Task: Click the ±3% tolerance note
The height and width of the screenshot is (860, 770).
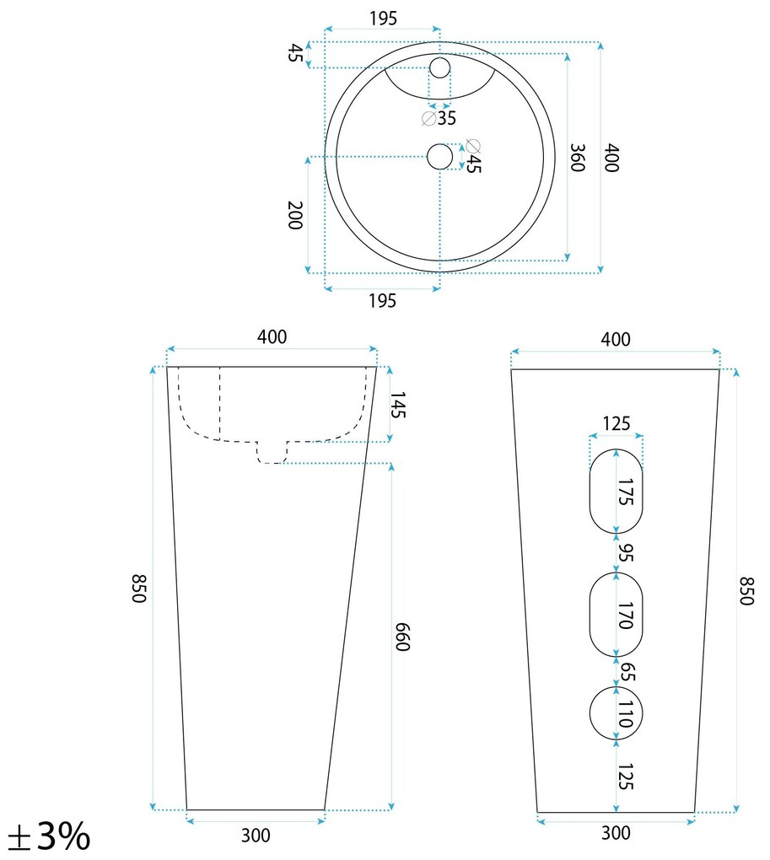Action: point(50,836)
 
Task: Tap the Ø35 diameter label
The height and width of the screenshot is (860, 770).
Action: point(439,118)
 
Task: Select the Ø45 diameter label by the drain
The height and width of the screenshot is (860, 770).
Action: point(473,156)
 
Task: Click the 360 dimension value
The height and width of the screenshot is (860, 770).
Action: point(578,158)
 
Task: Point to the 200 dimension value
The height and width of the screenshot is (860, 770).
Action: point(295,215)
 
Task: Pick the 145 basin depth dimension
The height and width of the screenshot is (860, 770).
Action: point(397,405)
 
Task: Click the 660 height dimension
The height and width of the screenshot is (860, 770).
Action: point(402,637)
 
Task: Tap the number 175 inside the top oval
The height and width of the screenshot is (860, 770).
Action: point(625,492)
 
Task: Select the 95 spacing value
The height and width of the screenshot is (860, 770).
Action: point(625,552)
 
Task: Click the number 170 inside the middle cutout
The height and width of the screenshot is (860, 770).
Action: point(625,615)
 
